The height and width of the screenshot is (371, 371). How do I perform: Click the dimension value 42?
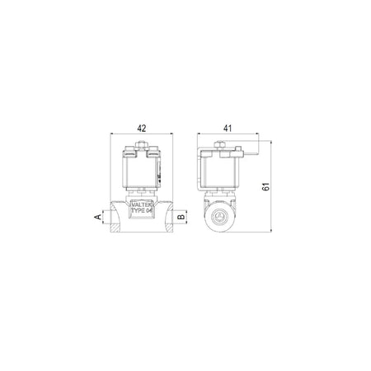[142, 128]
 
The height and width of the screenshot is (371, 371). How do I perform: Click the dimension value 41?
[228, 128]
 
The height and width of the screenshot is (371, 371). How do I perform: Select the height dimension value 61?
[265, 186]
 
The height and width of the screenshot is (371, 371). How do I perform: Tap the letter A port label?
[97, 217]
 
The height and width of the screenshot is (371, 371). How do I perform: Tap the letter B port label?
[181, 217]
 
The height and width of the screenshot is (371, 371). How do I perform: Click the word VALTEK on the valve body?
[142, 205]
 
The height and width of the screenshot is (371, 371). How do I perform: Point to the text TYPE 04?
[142, 210]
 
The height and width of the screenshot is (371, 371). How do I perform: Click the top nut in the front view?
[141, 144]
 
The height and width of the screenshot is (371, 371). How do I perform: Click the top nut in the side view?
[219, 144]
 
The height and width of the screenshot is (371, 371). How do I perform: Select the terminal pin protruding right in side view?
[251, 153]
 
